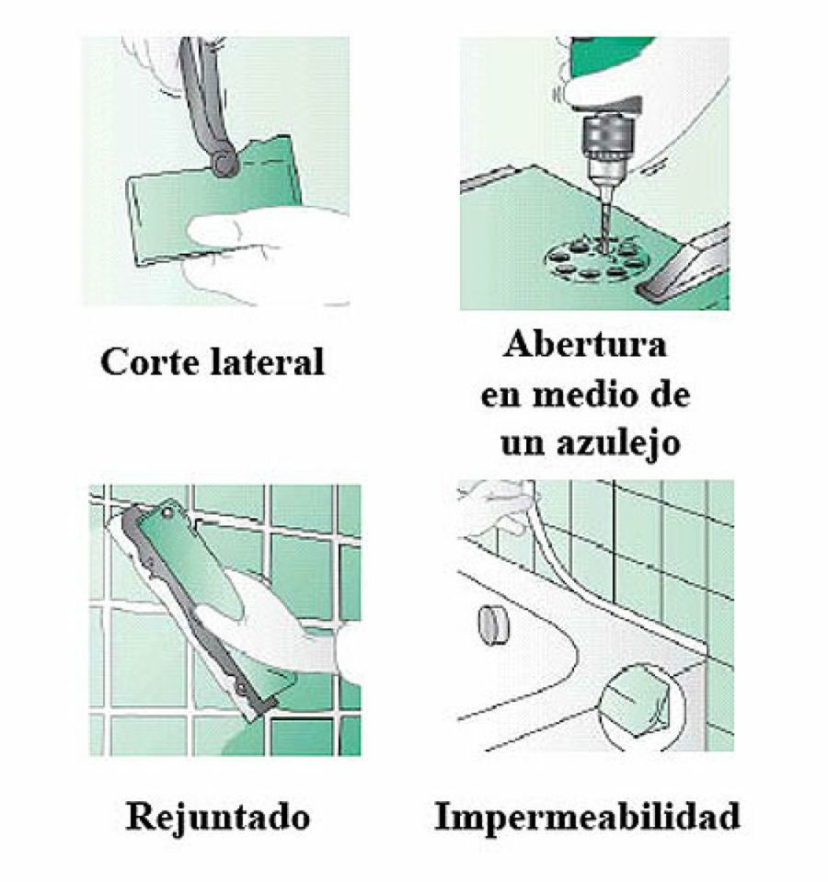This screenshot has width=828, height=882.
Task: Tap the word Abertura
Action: [x=585, y=348]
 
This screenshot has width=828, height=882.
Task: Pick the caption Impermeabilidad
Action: [x=587, y=816]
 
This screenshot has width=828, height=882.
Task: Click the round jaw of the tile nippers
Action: [x=224, y=164]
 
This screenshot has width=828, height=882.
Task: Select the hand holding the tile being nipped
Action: [x=248, y=248]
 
